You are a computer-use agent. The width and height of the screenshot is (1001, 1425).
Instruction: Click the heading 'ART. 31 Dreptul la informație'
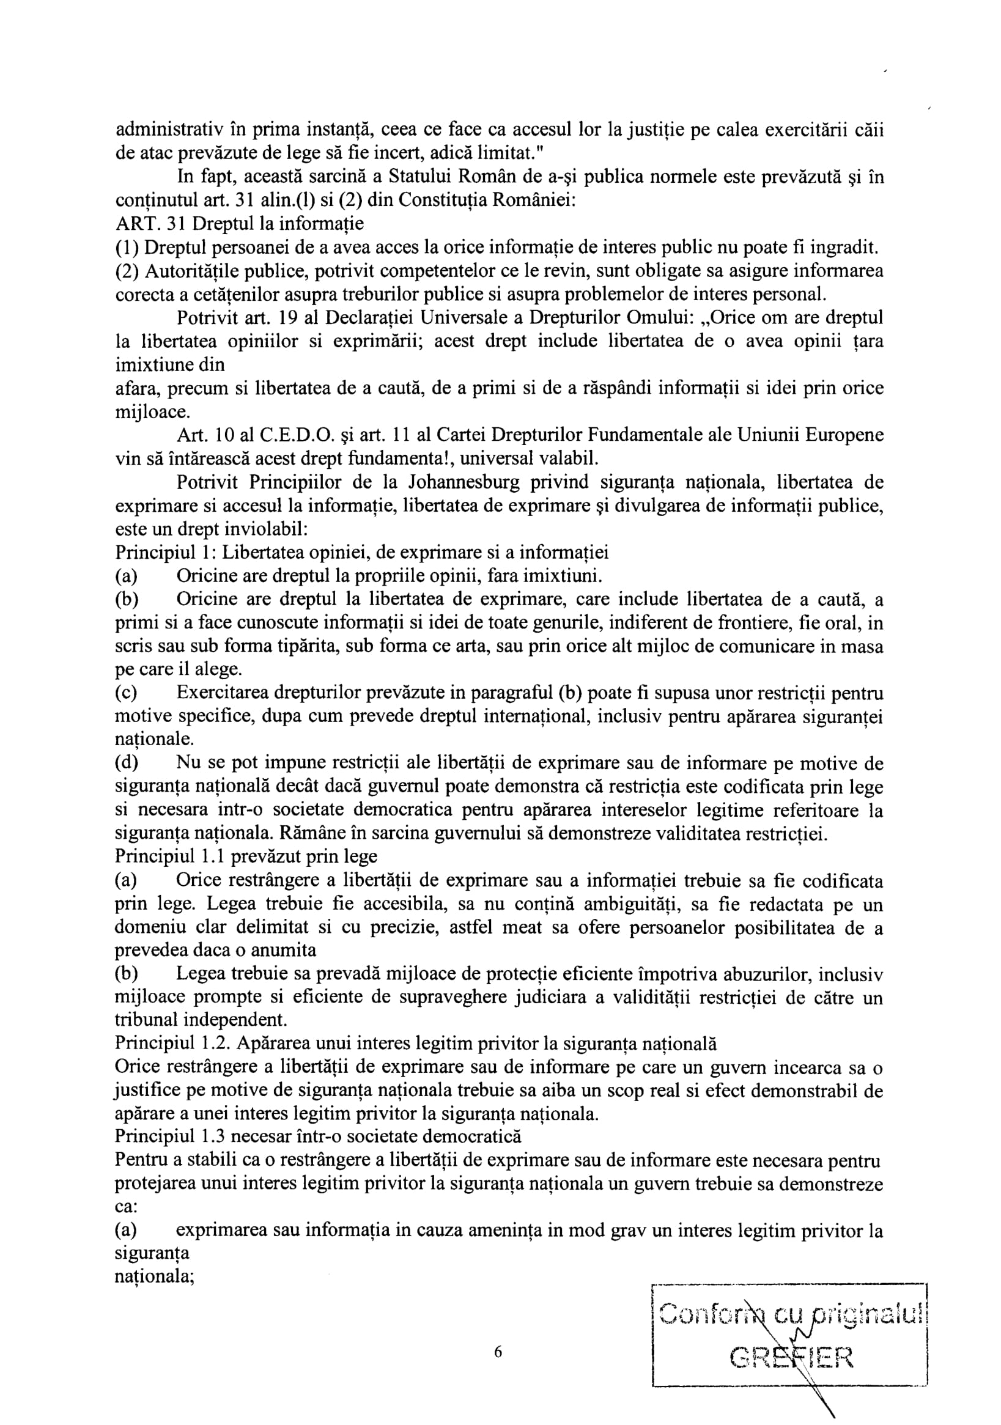tap(240, 224)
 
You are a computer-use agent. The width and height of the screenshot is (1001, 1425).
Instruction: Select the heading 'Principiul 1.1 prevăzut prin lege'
tap(246, 856)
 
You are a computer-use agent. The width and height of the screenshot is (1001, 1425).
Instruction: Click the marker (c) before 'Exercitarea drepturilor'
tap(126, 693)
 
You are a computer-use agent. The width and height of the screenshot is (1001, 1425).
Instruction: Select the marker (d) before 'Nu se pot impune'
tap(126, 763)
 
